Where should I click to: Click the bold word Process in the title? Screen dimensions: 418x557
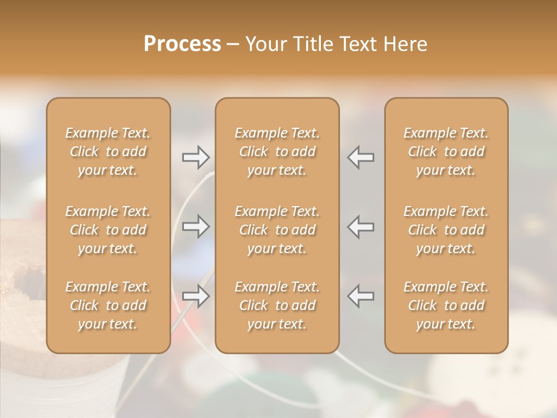[x=182, y=44]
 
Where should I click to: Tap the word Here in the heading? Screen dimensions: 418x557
[x=406, y=44]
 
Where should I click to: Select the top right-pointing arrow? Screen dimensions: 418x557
[x=196, y=157]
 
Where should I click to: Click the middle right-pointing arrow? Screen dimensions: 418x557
[x=196, y=226]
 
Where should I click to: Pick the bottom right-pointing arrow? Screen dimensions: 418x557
[x=196, y=296]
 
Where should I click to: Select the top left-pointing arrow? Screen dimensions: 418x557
[x=360, y=157]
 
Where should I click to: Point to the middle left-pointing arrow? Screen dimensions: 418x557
[x=360, y=226]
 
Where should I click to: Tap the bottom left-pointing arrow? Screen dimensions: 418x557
[x=360, y=296]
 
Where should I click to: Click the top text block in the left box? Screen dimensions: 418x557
[x=108, y=152]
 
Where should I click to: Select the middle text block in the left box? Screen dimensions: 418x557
[x=108, y=230]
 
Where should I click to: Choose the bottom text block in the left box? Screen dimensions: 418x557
[x=108, y=305]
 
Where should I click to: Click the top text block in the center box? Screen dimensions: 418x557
[x=277, y=152]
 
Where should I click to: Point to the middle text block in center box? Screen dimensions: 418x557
[x=277, y=230]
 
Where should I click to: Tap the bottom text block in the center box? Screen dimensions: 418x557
[x=277, y=305]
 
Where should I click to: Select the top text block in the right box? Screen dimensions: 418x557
[x=446, y=152]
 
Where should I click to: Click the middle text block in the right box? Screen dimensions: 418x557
[x=446, y=230]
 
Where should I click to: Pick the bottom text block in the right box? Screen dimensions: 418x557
[x=446, y=305]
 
